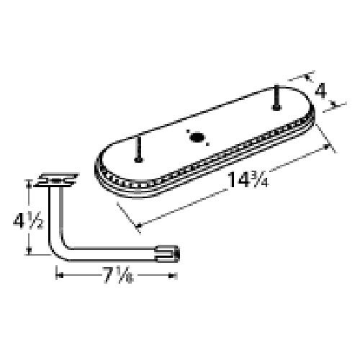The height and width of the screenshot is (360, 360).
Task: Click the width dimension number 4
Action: click(x=321, y=91)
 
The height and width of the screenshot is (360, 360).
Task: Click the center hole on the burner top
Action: click(x=192, y=135)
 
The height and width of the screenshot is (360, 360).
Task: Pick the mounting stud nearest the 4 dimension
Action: click(x=275, y=98)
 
